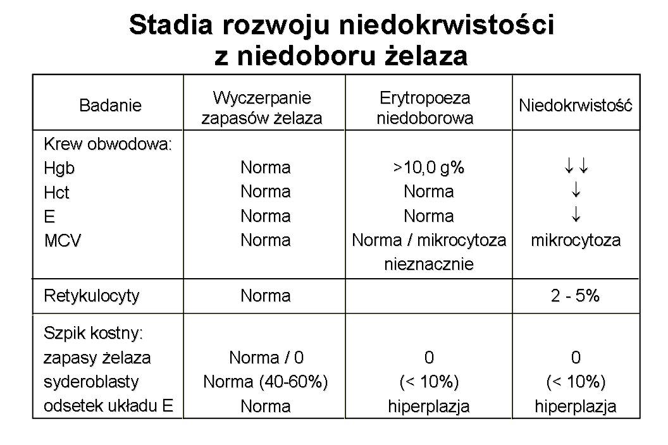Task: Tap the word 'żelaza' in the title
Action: click(427, 56)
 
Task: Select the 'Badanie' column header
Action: click(110, 106)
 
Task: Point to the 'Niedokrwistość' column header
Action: click(576, 106)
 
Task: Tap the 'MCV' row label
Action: click(62, 241)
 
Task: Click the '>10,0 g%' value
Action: click(428, 168)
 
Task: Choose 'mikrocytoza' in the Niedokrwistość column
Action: click(576, 241)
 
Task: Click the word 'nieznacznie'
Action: click(428, 265)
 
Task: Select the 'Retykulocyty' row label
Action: click(91, 296)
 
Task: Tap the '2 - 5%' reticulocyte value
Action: click(575, 296)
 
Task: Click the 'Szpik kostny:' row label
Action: click(94, 332)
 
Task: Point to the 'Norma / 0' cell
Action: click(266, 358)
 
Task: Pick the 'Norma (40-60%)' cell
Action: click(266, 382)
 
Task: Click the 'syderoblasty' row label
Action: click(90, 382)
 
